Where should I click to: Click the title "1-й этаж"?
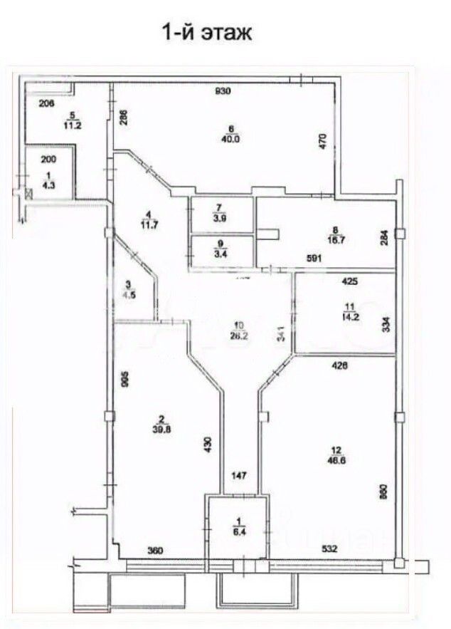point(208,33)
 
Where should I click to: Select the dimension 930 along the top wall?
point(225,90)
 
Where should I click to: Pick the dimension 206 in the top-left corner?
point(46,104)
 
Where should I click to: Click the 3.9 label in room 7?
point(221,219)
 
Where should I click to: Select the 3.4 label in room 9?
point(221,251)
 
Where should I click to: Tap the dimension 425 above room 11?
point(350,281)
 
